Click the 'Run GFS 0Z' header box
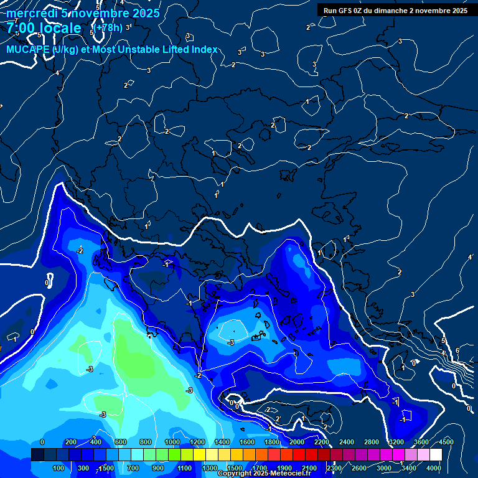[395, 10]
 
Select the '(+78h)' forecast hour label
[109, 28]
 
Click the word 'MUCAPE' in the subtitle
[29, 49]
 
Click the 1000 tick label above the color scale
[172, 442]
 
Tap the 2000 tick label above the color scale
[297, 442]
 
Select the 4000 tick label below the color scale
[434, 468]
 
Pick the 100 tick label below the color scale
[60, 468]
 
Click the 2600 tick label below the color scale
[359, 468]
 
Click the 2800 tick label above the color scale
[372, 442]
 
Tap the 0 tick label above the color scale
[42, 442]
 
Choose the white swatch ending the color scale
[436, 455]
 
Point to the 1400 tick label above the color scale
[222, 442]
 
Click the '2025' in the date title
[146, 13]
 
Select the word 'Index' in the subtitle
[205, 49]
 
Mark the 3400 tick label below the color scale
[409, 468]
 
